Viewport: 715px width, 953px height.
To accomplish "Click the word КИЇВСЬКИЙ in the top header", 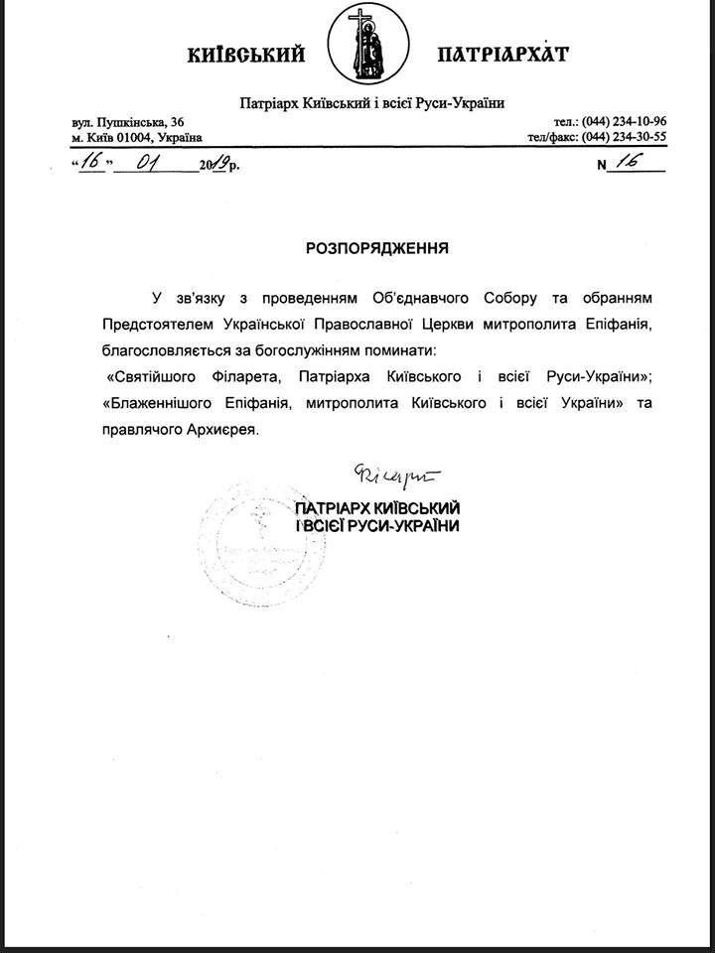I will point(245,55).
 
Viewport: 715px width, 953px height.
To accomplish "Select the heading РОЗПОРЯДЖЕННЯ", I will point(377,248).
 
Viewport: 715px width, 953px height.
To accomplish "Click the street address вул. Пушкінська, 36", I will point(128,121).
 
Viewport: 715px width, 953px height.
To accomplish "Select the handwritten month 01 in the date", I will point(155,163).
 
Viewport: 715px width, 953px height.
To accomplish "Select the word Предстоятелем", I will point(152,324).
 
